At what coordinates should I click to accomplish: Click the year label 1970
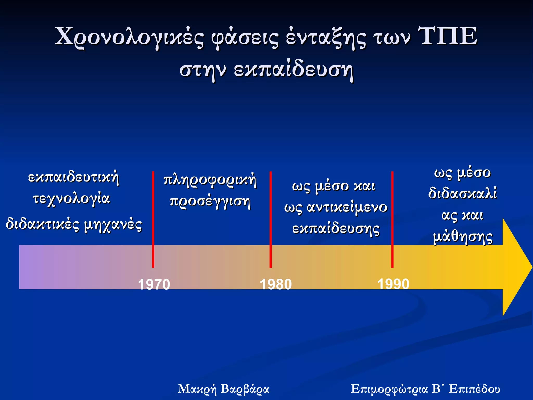(x=154, y=284)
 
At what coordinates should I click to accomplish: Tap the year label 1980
(x=276, y=284)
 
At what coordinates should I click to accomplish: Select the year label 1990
(x=393, y=284)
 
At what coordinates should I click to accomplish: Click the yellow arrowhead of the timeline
(x=517, y=267)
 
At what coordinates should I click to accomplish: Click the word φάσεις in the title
(x=245, y=38)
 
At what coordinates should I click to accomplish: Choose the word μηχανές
(x=113, y=225)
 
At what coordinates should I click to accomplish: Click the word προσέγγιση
(x=210, y=202)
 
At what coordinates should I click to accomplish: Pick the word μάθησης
(x=463, y=237)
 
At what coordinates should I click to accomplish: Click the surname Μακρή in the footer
(x=197, y=389)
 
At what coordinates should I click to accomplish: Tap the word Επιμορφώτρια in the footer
(x=389, y=389)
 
